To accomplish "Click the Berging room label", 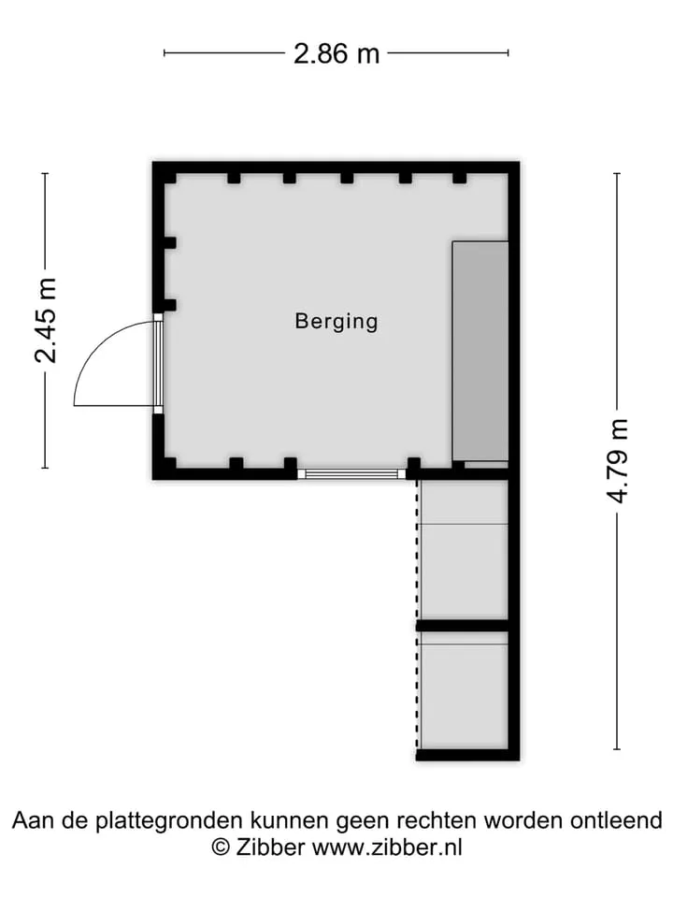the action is (336, 321).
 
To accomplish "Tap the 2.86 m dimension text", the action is (336, 54).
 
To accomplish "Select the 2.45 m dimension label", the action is (47, 320).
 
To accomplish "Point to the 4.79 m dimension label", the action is (618, 461).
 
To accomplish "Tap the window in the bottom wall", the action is (351, 473).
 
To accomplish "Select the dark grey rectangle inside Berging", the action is (480, 351).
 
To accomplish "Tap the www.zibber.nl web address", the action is (386, 847).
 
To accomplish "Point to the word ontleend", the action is (616, 820).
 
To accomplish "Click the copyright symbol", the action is (221, 847).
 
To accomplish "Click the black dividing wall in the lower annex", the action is (463, 626).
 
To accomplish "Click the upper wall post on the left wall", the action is (170, 243).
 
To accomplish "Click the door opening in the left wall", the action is (158, 363).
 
